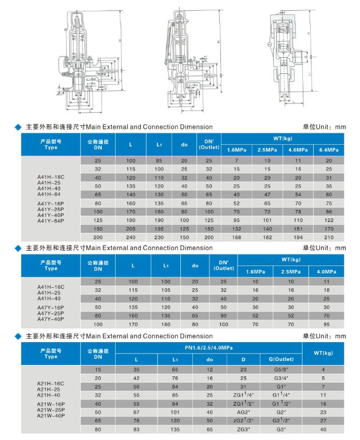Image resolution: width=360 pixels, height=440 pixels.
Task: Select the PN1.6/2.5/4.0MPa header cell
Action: pyautogui.click(x=208, y=347)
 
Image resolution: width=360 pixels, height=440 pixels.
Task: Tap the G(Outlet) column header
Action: pyautogui.click(x=280, y=359)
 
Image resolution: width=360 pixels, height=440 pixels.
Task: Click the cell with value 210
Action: pyautogui.click(x=329, y=237)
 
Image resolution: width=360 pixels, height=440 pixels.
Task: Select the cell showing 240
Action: pyautogui.click(x=131, y=237)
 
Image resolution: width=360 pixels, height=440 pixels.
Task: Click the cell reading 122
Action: pyautogui.click(x=329, y=220)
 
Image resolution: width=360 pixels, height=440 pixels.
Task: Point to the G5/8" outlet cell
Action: pyautogui.click(x=280, y=370)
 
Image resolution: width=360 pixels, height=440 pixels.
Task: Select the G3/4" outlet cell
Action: pyautogui.click(x=280, y=378)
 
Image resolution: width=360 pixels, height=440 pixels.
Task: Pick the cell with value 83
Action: pyautogui.click(x=136, y=429)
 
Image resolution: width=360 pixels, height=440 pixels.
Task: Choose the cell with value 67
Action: pyautogui.click(x=136, y=412)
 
